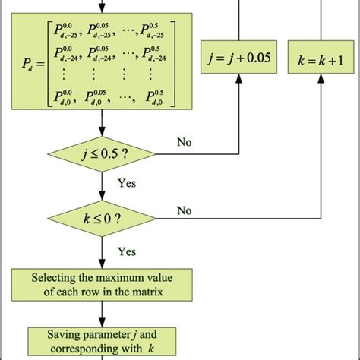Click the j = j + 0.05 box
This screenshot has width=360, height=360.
tap(237, 56)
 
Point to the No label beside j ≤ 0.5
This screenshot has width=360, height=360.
tap(185, 142)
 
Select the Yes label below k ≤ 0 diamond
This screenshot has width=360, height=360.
tap(128, 250)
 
